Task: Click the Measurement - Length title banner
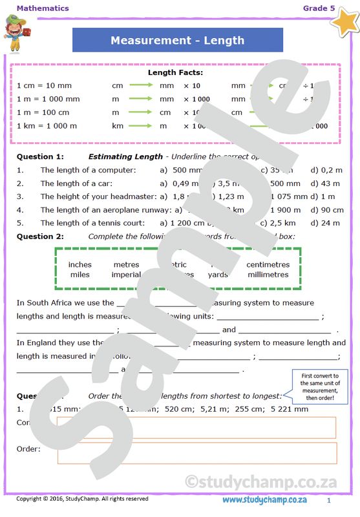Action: tap(177, 40)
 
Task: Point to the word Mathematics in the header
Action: tap(43, 8)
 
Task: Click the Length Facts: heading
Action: tap(175, 72)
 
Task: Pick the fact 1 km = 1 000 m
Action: tap(47, 125)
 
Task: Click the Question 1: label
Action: tap(40, 156)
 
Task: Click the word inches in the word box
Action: tap(79, 264)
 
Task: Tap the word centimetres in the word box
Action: tap(268, 264)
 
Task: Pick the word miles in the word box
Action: tap(79, 274)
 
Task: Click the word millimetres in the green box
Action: tap(268, 274)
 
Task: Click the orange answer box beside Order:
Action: tap(196, 452)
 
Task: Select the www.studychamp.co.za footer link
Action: tap(264, 500)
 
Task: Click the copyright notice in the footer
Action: tap(82, 499)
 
